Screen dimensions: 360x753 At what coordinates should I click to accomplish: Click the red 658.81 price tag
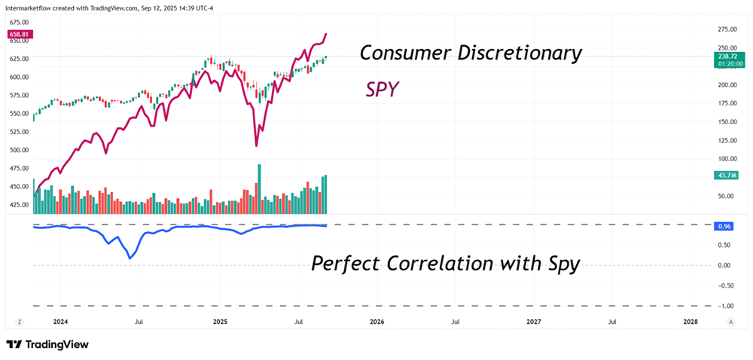pyautogui.click(x=20, y=35)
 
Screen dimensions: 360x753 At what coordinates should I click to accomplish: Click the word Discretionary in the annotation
pyautogui.click(x=516, y=53)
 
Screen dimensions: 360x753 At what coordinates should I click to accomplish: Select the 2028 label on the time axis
pyautogui.click(x=690, y=322)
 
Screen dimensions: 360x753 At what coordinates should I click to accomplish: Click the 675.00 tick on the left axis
pyautogui.click(x=19, y=23)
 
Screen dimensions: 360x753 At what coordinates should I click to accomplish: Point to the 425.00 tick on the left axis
pyautogui.click(x=19, y=204)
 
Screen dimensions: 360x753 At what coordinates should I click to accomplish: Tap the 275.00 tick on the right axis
pyautogui.click(x=706, y=29)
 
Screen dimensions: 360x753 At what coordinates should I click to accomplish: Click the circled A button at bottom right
pyautogui.click(x=730, y=322)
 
